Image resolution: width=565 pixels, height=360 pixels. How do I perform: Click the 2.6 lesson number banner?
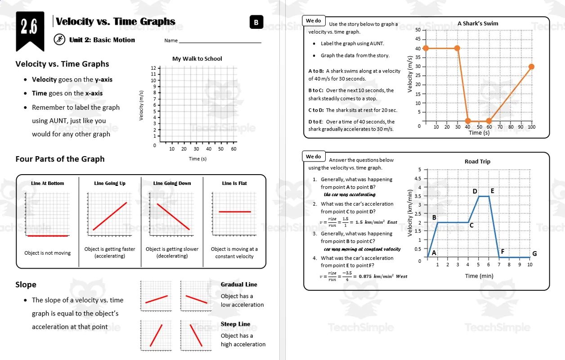(x=29, y=28)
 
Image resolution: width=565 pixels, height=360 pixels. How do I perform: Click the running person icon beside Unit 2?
(x=59, y=40)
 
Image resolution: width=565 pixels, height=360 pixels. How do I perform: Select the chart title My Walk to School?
(x=197, y=58)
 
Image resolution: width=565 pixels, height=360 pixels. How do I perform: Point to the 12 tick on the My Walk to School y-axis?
(x=153, y=68)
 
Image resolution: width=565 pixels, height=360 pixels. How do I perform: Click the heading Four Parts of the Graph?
(x=60, y=159)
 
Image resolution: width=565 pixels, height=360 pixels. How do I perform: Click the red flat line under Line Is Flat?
(x=234, y=211)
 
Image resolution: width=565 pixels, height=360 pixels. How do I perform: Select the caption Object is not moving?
(x=47, y=253)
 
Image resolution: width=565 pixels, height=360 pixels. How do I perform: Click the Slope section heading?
(x=26, y=284)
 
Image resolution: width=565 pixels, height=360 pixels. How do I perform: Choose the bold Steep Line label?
(x=235, y=324)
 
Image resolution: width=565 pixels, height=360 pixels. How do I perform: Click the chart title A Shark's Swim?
(x=478, y=23)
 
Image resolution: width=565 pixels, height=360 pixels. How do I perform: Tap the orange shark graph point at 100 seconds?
(x=531, y=67)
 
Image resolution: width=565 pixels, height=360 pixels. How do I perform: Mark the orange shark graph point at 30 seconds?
(x=457, y=48)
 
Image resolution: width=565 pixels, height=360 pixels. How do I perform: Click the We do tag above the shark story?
(x=313, y=21)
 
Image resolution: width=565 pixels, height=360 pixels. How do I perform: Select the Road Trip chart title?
(x=477, y=162)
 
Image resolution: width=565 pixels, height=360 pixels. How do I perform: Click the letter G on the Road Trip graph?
(x=534, y=254)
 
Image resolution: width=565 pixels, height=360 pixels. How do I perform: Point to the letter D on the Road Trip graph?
(x=475, y=191)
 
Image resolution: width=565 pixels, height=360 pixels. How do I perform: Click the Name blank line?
(x=220, y=42)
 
